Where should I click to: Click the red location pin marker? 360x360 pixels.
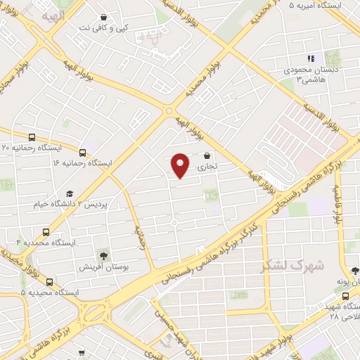tap(181, 165)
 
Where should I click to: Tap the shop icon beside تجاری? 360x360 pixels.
tap(207, 155)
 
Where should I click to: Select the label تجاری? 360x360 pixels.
tap(207, 167)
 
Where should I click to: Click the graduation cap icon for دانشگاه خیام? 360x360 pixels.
tap(70, 193)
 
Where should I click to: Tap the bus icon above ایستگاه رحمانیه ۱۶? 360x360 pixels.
tap(83, 152)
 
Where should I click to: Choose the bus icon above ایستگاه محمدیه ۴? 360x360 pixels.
tap(46, 231)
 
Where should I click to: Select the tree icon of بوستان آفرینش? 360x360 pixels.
tap(104, 255)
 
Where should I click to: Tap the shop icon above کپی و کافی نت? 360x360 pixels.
tap(104, 17)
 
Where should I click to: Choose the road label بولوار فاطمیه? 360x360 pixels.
tap(337, 204)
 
